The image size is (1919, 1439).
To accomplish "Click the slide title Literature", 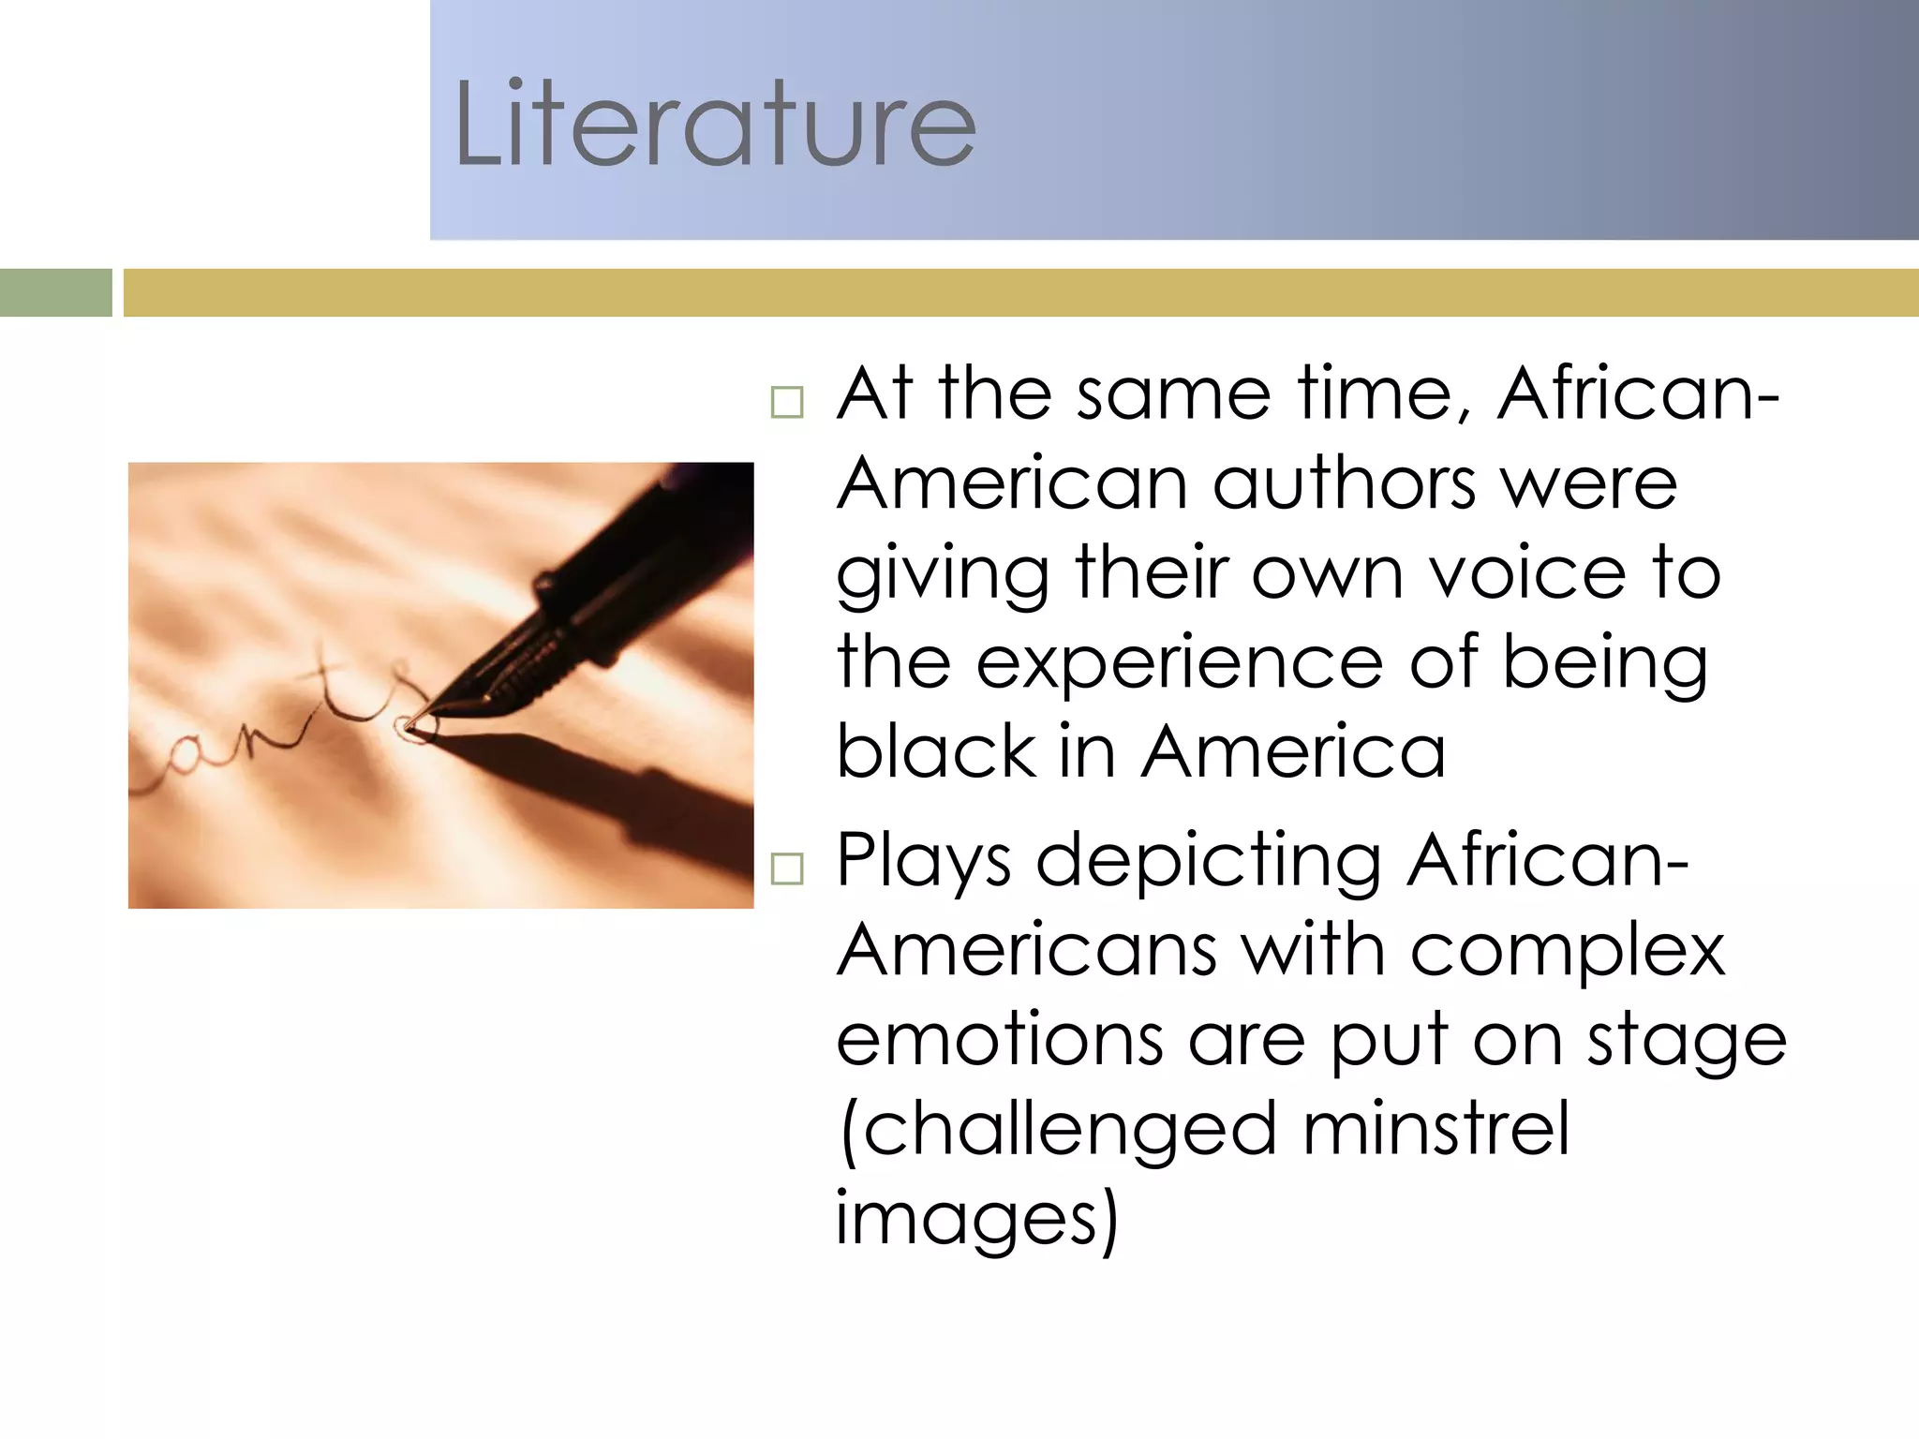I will pos(715,125).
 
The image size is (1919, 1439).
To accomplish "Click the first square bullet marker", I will pos(787,403).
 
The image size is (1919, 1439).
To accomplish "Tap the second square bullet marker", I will pos(787,869).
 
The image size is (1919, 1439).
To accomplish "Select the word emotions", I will pos(999,1040).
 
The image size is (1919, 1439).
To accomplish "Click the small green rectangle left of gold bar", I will pos(55,292).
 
